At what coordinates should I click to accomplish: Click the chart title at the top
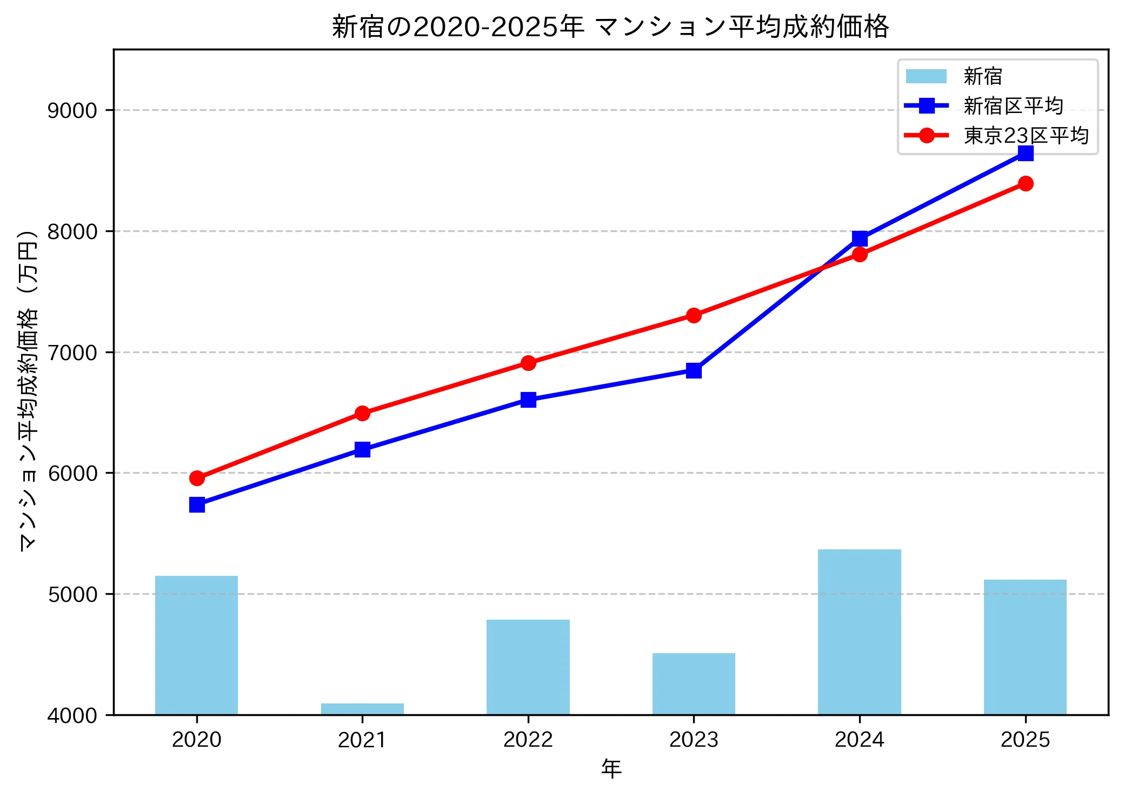610,27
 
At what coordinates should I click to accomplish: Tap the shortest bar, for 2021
362,709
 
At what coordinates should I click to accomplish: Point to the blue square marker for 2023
694,371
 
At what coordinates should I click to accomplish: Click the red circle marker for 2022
528,363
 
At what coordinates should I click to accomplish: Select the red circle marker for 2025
1025,184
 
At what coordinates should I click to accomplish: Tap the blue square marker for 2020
197,505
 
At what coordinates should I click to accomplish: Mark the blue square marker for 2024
860,238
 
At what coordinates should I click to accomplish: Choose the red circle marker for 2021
362,414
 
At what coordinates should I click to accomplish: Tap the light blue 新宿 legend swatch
926,76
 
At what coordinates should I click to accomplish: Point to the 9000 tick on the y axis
72,111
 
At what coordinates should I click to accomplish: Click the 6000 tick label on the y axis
72,474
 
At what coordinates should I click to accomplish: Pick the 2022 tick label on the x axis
528,740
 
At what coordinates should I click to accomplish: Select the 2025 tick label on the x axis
1025,740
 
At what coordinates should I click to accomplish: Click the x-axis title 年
611,769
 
